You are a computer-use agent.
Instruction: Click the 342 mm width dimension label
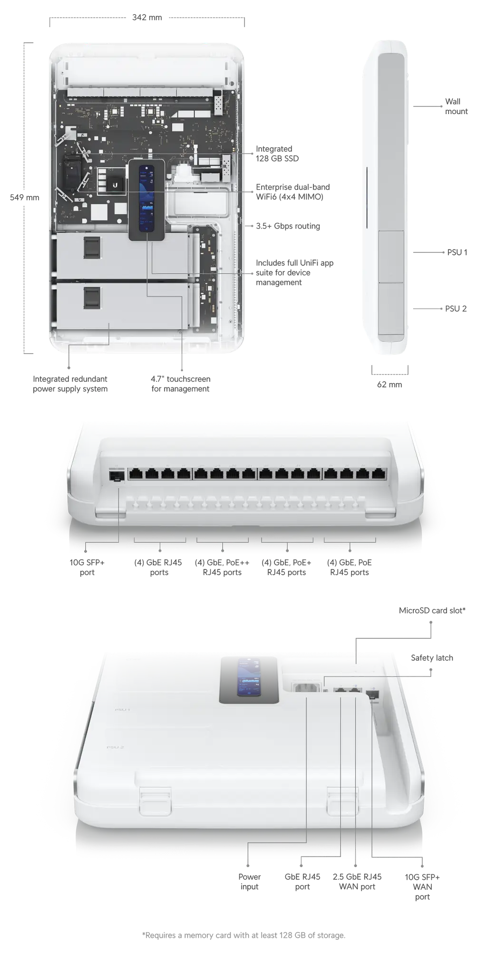[147, 18]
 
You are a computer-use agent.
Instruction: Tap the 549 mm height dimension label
[25, 197]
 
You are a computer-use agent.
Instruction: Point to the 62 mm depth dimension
[390, 385]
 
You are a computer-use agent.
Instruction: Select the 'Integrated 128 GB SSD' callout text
[277, 154]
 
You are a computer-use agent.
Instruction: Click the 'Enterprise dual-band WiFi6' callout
[292, 192]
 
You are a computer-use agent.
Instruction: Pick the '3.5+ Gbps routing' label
[288, 226]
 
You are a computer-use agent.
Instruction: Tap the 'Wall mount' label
[456, 106]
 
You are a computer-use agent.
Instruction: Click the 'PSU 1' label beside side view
[457, 252]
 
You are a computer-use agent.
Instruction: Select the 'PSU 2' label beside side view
[456, 308]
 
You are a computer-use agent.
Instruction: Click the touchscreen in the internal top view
[147, 200]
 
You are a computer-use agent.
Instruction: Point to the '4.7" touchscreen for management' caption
[180, 384]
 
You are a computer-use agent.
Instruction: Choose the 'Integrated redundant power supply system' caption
[70, 384]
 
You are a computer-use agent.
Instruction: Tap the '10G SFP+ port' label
[87, 568]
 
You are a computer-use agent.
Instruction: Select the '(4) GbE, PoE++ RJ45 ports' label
[222, 568]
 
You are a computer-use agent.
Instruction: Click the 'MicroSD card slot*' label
[432, 610]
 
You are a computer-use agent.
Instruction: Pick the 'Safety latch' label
[432, 658]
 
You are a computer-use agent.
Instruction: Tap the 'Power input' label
[249, 882]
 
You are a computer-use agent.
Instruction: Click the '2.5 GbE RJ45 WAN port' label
[357, 882]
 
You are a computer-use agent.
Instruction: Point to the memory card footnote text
[243, 935]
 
